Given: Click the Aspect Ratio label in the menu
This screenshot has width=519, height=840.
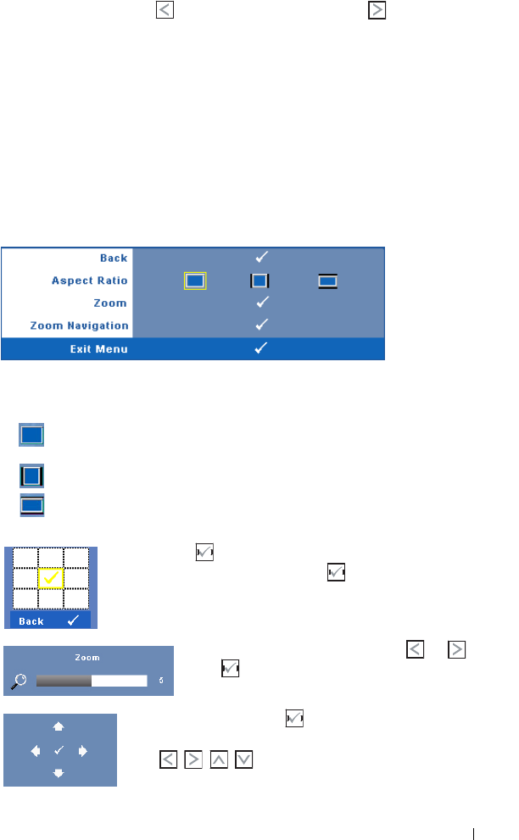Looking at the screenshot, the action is [88, 281].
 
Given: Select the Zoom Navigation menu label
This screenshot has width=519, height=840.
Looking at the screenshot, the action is [79, 325].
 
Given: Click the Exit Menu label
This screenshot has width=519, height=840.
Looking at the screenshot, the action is [99, 348].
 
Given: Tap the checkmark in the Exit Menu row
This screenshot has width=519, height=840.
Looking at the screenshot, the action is [263, 348].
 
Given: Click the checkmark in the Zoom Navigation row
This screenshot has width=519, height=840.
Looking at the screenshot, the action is [263, 325].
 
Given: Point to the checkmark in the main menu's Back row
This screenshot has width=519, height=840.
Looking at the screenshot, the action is [263, 258].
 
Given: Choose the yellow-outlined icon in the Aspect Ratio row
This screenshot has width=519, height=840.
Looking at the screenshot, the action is [195, 281].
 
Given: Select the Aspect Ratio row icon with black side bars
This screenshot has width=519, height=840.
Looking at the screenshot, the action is [259, 281].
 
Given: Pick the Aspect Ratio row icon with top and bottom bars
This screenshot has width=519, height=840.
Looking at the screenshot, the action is [327, 281].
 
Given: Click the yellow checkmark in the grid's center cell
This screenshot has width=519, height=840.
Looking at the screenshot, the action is [51, 577].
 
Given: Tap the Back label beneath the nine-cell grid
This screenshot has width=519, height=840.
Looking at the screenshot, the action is [31, 621].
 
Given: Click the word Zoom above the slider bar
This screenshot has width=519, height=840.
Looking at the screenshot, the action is [87, 657].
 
